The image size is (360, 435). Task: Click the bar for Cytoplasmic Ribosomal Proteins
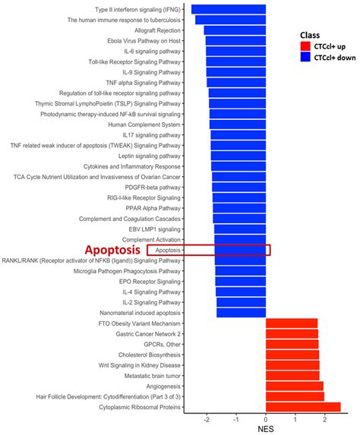(x=303, y=407)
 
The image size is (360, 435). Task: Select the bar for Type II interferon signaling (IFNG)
(x=229, y=9)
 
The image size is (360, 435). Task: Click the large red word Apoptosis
(x=112, y=249)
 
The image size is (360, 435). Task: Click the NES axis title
(x=266, y=429)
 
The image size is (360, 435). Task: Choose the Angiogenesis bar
(x=295, y=386)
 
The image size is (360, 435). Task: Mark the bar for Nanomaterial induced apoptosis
(x=241, y=312)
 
